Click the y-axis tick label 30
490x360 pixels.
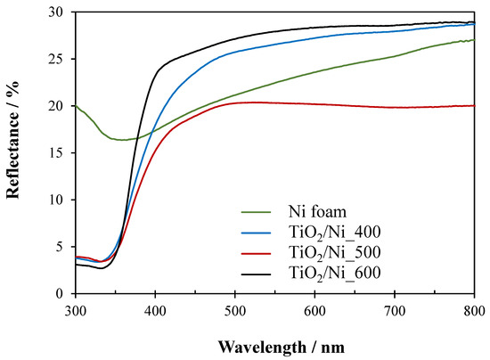(57, 12)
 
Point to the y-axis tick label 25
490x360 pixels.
(57, 59)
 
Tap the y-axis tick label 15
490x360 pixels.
(57, 152)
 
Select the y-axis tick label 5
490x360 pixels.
(61, 246)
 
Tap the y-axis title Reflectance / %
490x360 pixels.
(15, 152)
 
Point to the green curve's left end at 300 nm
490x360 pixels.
(77, 106)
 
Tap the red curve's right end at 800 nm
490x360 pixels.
(474, 105)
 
